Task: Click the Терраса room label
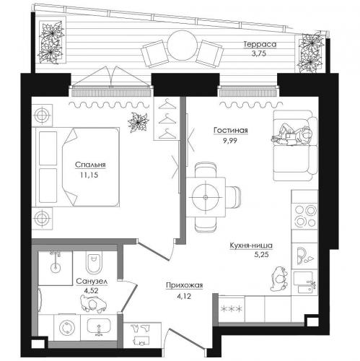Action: [260, 45]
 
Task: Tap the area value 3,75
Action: [259, 53]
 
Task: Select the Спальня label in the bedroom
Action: [90, 165]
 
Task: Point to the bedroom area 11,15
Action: [89, 175]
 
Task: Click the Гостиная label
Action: [231, 131]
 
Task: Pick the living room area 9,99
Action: [230, 141]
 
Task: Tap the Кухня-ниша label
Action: [251, 245]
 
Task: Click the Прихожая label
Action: [185, 285]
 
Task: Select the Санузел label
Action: [92, 281]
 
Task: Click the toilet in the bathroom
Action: [94, 263]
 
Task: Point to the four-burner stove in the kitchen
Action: [305, 216]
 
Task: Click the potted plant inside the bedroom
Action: [139, 122]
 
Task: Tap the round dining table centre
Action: [206, 197]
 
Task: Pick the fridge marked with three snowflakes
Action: [232, 309]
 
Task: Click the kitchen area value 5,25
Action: [261, 255]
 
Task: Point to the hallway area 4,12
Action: [184, 296]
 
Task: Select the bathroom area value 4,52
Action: [91, 291]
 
